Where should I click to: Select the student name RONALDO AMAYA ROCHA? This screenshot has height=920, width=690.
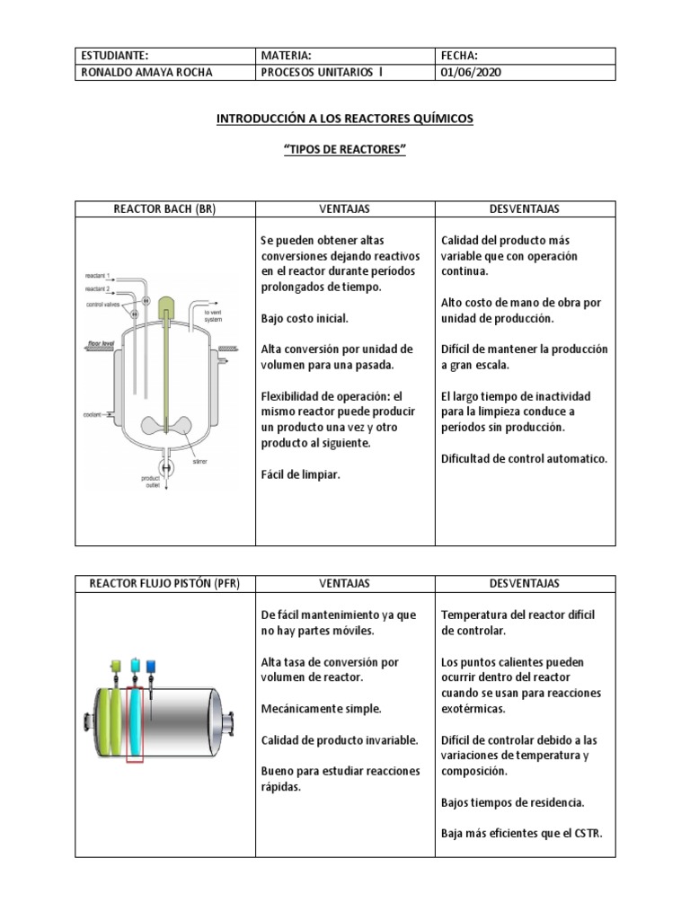coord(147,73)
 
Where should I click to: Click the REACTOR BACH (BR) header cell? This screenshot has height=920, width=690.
coord(165,209)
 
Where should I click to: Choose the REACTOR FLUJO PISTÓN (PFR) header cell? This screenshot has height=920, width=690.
coord(165,584)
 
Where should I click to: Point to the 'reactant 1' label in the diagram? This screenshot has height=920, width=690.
coord(97,275)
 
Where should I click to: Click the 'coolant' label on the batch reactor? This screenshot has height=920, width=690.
coord(93,415)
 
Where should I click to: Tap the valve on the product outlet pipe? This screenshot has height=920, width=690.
coord(167,467)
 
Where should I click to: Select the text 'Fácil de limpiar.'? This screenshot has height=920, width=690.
coord(300,474)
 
